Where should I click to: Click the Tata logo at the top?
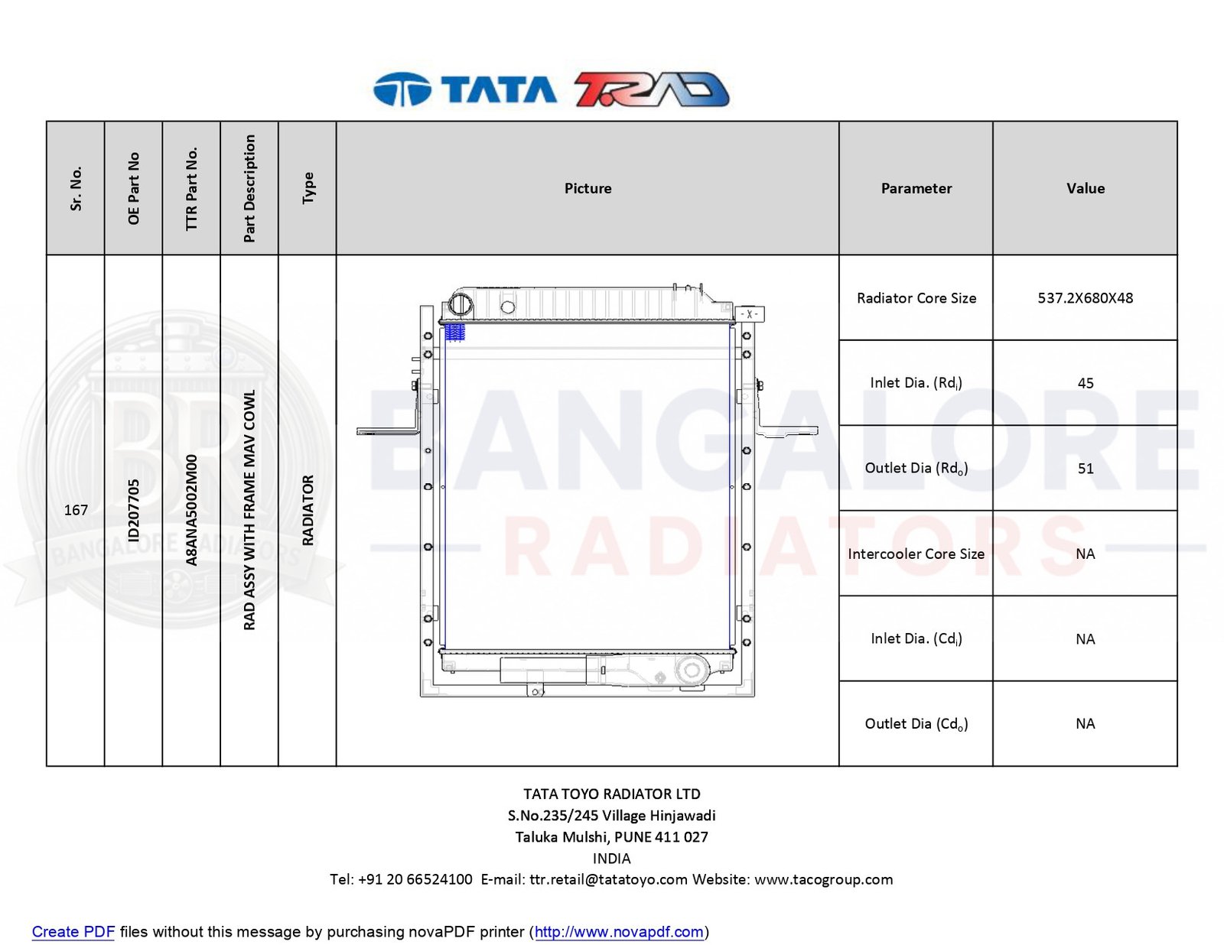pos(464,89)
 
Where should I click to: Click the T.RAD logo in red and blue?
pos(652,89)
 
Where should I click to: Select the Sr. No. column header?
pos(76,188)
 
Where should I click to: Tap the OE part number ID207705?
pos(134,510)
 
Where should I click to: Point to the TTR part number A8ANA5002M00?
pos(191,510)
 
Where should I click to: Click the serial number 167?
pos(76,510)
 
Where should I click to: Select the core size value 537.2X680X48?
pos(1085,297)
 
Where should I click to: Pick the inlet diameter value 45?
pos(1086,383)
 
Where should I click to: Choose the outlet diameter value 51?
pos(1086,468)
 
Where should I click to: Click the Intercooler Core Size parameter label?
pos(916,554)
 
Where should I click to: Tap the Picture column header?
pos(588,188)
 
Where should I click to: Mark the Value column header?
pos(1085,188)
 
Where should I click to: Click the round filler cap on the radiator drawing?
pos(461,305)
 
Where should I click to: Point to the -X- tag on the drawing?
pos(750,314)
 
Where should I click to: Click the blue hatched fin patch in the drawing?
pos(454,332)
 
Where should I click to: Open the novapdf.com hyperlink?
pos(619,932)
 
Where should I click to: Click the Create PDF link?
pos(73,932)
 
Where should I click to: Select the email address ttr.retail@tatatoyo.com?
pos(608,879)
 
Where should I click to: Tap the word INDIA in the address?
pos(612,859)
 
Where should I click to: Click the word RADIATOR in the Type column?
pos(308,510)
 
